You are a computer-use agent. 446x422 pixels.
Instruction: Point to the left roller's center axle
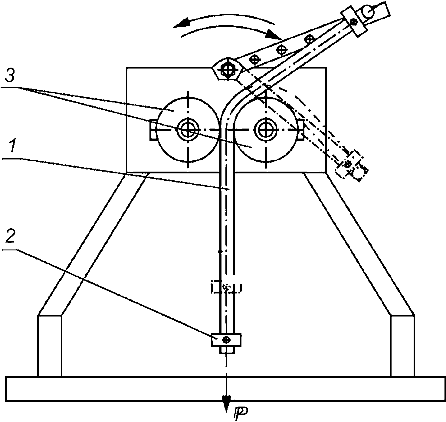coord(188,130)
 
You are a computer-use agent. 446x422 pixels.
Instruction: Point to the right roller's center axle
coord(266,130)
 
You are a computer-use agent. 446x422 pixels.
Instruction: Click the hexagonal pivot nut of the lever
coord(228,69)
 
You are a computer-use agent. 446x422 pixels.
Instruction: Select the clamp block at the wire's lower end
coord(226,340)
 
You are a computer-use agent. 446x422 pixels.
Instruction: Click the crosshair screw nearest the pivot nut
coord(254,59)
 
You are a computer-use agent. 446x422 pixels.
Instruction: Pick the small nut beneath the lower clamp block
coord(226,350)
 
